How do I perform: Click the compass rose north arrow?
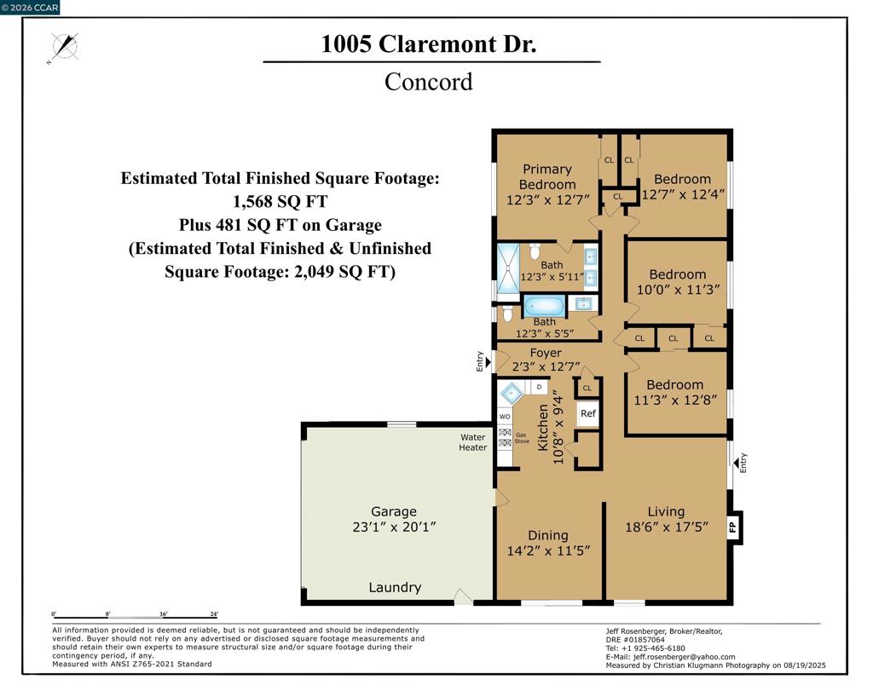(65, 46)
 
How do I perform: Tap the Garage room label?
(394, 511)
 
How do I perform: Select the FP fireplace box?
(734, 527)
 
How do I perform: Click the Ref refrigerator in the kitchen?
(588, 413)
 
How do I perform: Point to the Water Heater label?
(472, 442)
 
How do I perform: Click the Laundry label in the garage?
(395, 587)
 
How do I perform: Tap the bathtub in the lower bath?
(544, 306)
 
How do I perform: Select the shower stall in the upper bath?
(508, 268)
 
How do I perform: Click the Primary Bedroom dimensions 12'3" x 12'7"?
(548, 199)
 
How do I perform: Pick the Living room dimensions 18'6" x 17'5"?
(667, 527)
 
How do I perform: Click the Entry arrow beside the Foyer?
(488, 362)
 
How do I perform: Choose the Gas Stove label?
(522, 438)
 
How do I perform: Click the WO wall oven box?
(505, 417)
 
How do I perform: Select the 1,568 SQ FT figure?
(280, 201)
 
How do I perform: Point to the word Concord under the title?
(429, 82)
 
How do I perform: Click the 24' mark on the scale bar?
(214, 614)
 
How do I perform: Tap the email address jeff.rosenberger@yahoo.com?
(685, 657)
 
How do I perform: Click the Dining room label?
(548, 535)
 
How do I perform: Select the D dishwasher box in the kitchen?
(539, 387)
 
